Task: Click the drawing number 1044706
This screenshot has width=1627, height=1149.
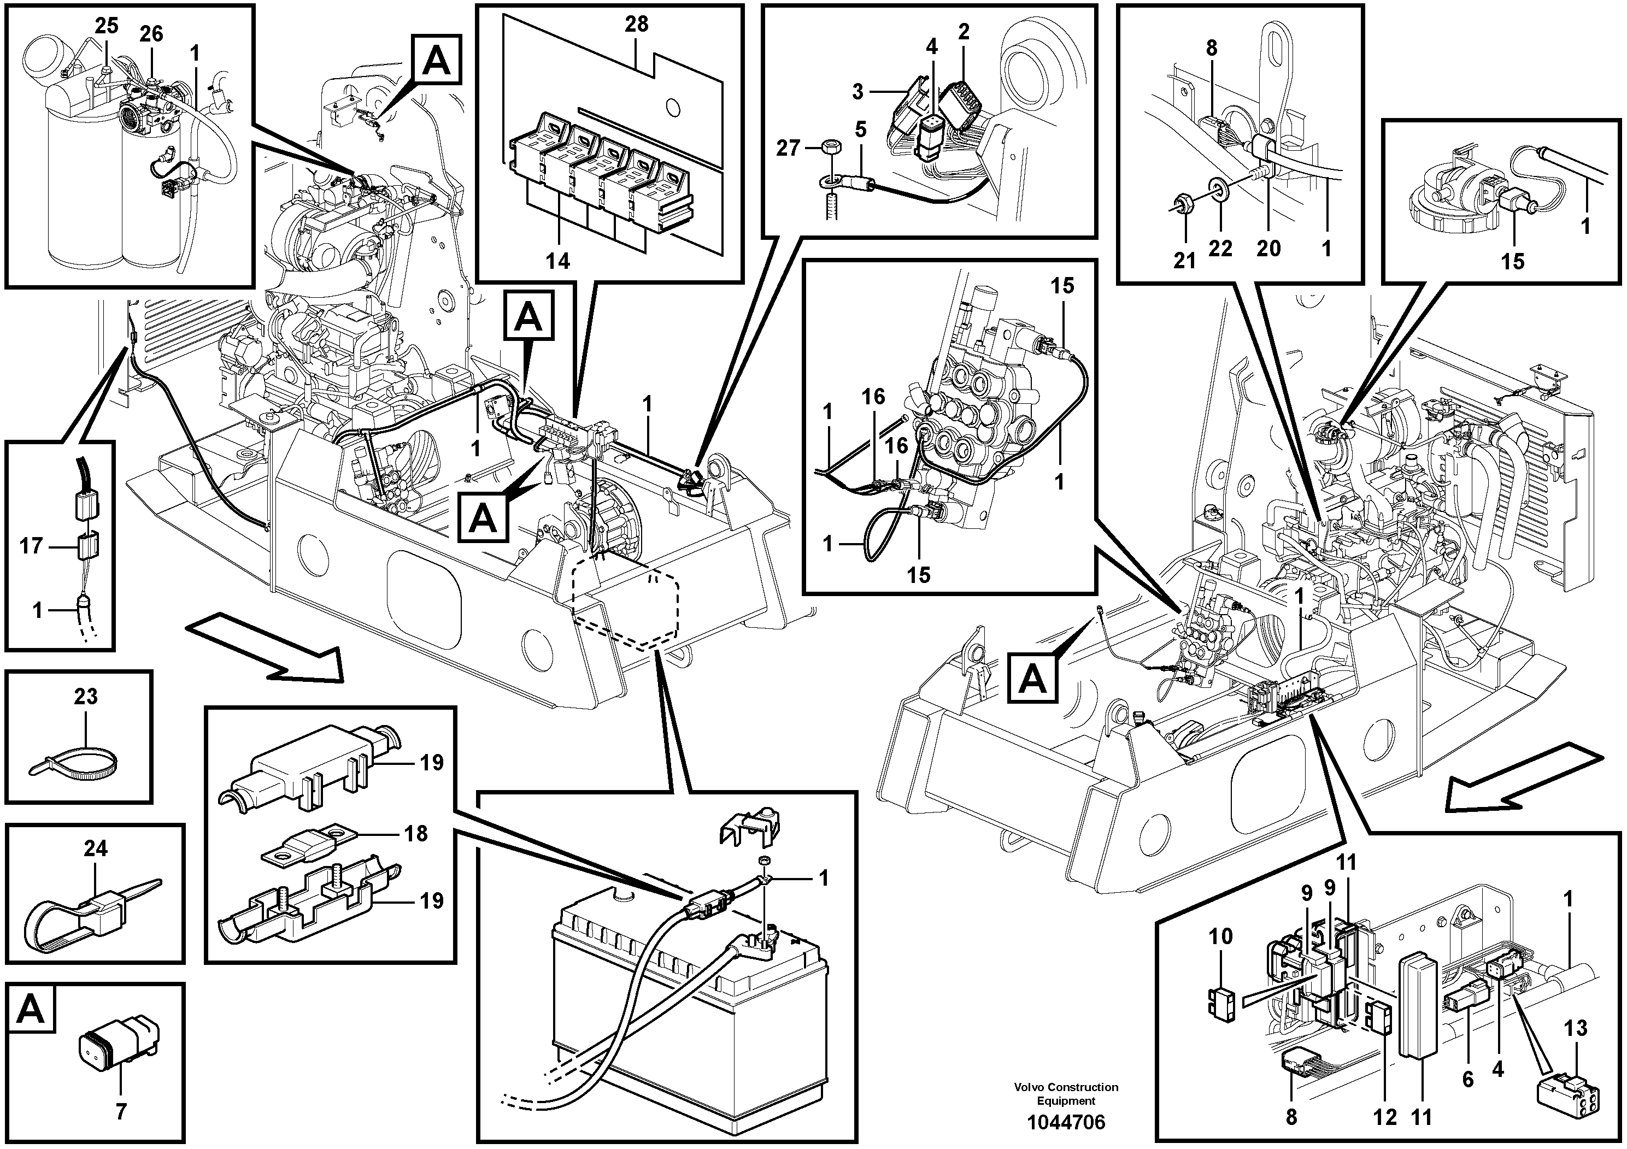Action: click(1066, 1122)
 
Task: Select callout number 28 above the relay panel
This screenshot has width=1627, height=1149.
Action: click(636, 24)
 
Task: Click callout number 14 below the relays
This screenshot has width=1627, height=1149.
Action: click(557, 261)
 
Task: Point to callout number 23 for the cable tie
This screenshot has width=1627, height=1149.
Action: click(85, 697)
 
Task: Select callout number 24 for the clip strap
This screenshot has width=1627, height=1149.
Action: click(95, 848)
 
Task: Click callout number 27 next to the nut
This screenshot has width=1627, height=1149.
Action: click(788, 148)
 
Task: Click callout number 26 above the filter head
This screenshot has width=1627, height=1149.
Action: click(150, 33)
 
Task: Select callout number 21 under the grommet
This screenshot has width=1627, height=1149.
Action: click(1184, 261)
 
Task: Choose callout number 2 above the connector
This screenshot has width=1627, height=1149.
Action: click(963, 31)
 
